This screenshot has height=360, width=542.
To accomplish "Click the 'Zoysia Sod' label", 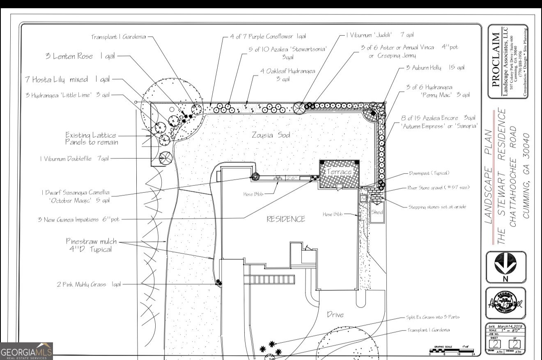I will coord(271,135).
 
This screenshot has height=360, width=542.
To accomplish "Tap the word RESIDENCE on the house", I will coord(286,219).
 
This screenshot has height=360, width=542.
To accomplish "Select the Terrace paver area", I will coord(339,174).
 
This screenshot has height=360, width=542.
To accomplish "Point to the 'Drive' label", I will coord(335,315).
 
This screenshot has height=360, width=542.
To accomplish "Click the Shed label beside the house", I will coord(377,212).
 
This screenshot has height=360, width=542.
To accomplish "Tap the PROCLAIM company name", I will coord(496,62).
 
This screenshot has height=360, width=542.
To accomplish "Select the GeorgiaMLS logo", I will coord(27,352).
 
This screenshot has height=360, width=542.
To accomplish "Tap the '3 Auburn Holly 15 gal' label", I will coord(435,67).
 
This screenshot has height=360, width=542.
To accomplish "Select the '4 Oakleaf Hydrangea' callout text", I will coord(287,75).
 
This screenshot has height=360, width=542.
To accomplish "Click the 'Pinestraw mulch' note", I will coord(91,245).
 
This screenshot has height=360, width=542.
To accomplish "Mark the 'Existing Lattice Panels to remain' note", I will coord(91,138).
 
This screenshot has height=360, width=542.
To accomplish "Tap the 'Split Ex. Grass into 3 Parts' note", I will coord(433,317).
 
